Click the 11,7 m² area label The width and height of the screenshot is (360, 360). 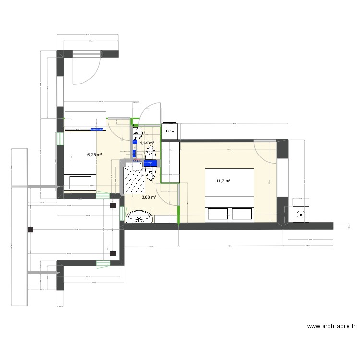pos(224,181)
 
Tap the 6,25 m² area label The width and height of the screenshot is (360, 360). pos(94,155)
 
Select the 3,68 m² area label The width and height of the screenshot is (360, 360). pos(149,197)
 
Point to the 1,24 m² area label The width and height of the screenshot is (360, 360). pos(147,143)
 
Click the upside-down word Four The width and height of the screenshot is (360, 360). pos(169,130)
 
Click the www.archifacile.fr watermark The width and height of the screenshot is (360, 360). pos(331,326)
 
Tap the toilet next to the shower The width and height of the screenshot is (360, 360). pos(151,153)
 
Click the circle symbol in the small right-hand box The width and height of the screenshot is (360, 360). pos(302,216)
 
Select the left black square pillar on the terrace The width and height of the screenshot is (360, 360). pos(30,229)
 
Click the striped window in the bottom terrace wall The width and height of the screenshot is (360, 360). pos(102,263)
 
